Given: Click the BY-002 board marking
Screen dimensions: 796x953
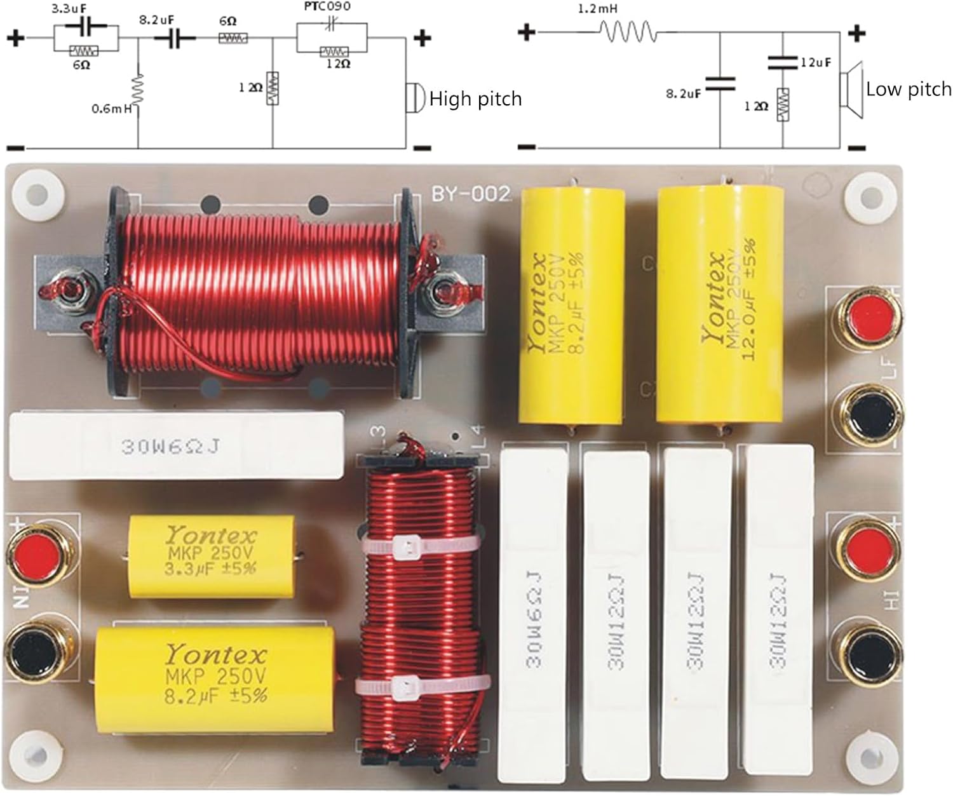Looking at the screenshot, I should [471, 194].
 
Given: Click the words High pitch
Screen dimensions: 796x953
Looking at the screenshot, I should [475, 99].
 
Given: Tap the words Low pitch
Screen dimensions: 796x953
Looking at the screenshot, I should [909, 90].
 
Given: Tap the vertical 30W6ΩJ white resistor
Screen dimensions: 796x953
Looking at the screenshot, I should [534, 612].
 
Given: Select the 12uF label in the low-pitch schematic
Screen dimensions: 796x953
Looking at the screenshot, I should [816, 62].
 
